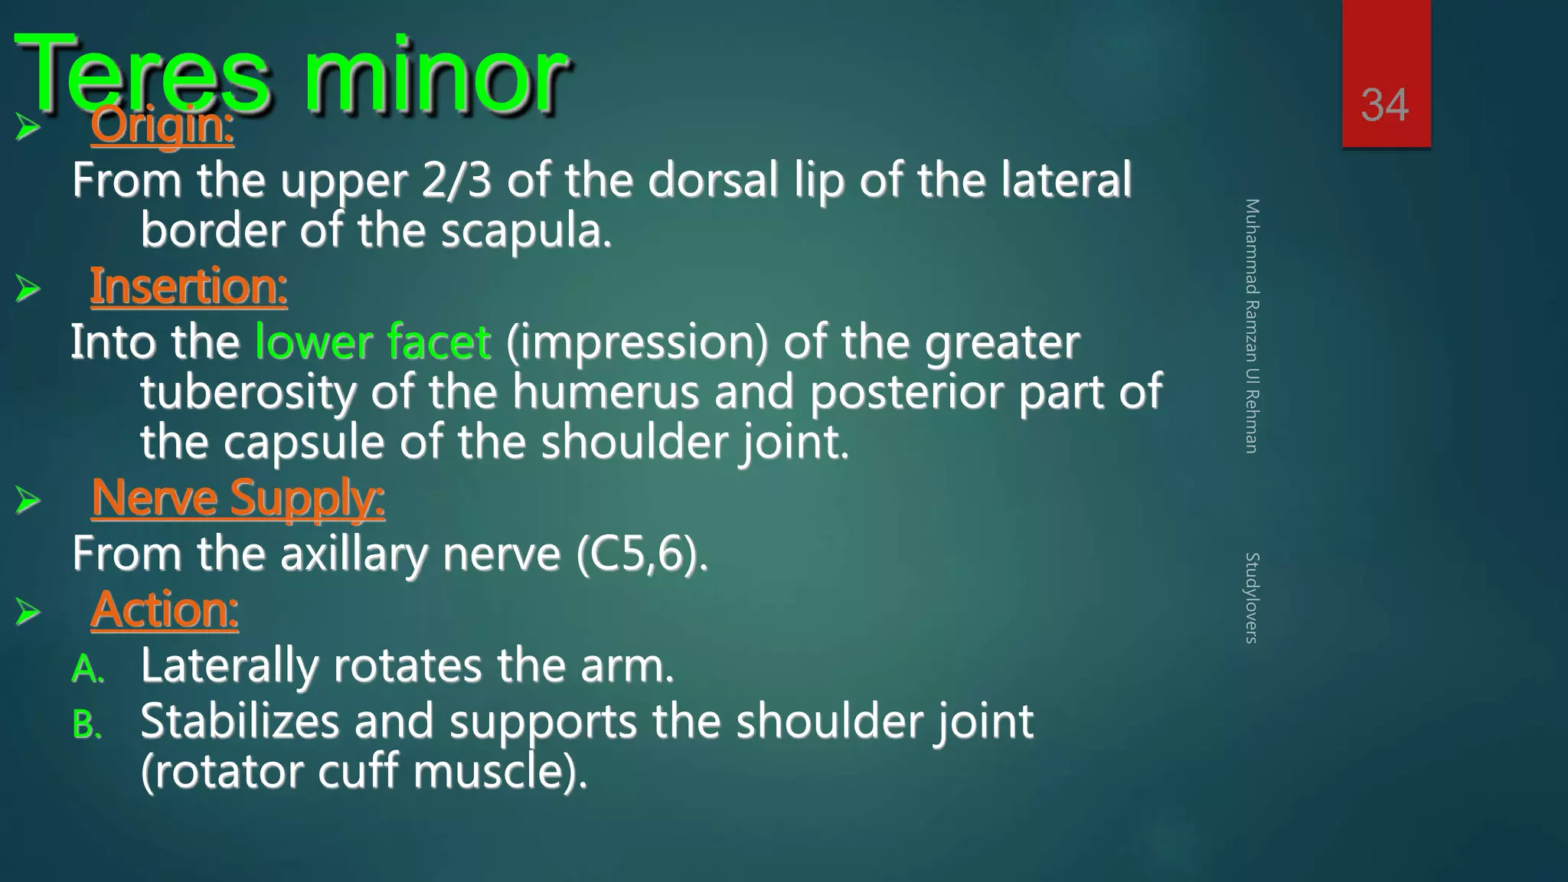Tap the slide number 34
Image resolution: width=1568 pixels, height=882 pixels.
pyautogui.click(x=1384, y=105)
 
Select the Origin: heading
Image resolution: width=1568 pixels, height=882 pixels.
pyautogui.click(x=162, y=126)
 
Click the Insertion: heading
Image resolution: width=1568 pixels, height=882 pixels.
pyautogui.click(x=188, y=287)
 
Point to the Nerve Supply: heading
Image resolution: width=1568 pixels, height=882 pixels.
pyautogui.click(x=237, y=498)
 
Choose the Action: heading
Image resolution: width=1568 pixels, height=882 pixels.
pyautogui.click(x=165, y=610)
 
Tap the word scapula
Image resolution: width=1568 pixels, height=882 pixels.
pyautogui.click(x=526, y=231)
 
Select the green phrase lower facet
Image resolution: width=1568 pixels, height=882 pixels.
pyautogui.click(x=372, y=341)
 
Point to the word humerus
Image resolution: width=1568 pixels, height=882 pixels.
pyautogui.click(x=606, y=392)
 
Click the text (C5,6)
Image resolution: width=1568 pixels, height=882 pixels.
pyautogui.click(x=642, y=554)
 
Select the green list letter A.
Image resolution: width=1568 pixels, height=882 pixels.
pyautogui.click(x=87, y=669)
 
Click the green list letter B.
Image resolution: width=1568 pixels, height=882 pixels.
pyautogui.click(x=87, y=724)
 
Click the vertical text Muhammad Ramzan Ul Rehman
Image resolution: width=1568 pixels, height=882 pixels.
pyautogui.click(x=1251, y=325)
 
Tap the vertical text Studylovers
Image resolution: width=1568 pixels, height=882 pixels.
pyautogui.click(x=1251, y=597)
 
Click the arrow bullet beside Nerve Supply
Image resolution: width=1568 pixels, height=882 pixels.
pyautogui.click(x=28, y=501)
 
